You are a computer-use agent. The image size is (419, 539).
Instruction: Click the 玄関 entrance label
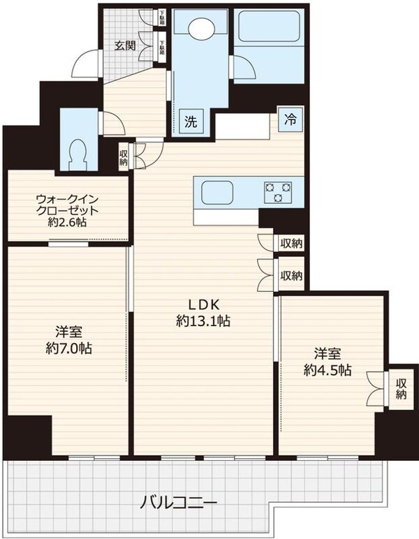coord(126,46)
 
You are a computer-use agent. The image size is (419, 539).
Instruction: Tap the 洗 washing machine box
coord(191,119)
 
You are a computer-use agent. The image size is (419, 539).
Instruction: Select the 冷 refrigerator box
coord(289,119)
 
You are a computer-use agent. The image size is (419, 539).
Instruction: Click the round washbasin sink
coord(203,29)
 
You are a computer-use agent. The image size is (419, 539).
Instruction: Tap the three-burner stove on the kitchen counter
coord(279,191)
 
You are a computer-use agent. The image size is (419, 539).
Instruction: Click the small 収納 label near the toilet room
coord(124,158)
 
